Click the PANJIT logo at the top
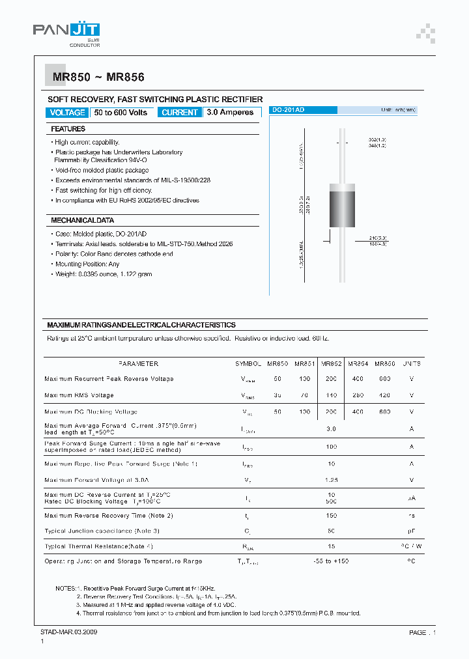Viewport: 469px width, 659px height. tap(66, 31)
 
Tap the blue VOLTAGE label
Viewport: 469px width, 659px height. tap(67, 113)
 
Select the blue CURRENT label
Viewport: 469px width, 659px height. tap(179, 113)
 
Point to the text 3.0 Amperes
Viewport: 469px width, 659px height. tap(230, 113)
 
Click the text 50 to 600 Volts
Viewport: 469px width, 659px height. tap(121, 113)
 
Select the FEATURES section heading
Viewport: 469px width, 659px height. tap(68, 129)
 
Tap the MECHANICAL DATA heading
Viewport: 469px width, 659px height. tap(83, 220)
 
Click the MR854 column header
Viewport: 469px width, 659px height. tap(358, 364)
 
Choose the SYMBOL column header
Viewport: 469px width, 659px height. tap(248, 364)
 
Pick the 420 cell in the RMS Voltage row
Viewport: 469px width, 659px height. tap(384, 395)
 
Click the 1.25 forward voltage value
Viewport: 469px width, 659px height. tap(331, 479)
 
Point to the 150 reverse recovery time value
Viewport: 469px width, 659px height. tap(331, 516)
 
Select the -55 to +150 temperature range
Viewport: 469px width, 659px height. tap(331, 561)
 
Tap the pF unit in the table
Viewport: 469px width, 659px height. tap(411, 531)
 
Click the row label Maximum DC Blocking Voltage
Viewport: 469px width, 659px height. tap(91, 412)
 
